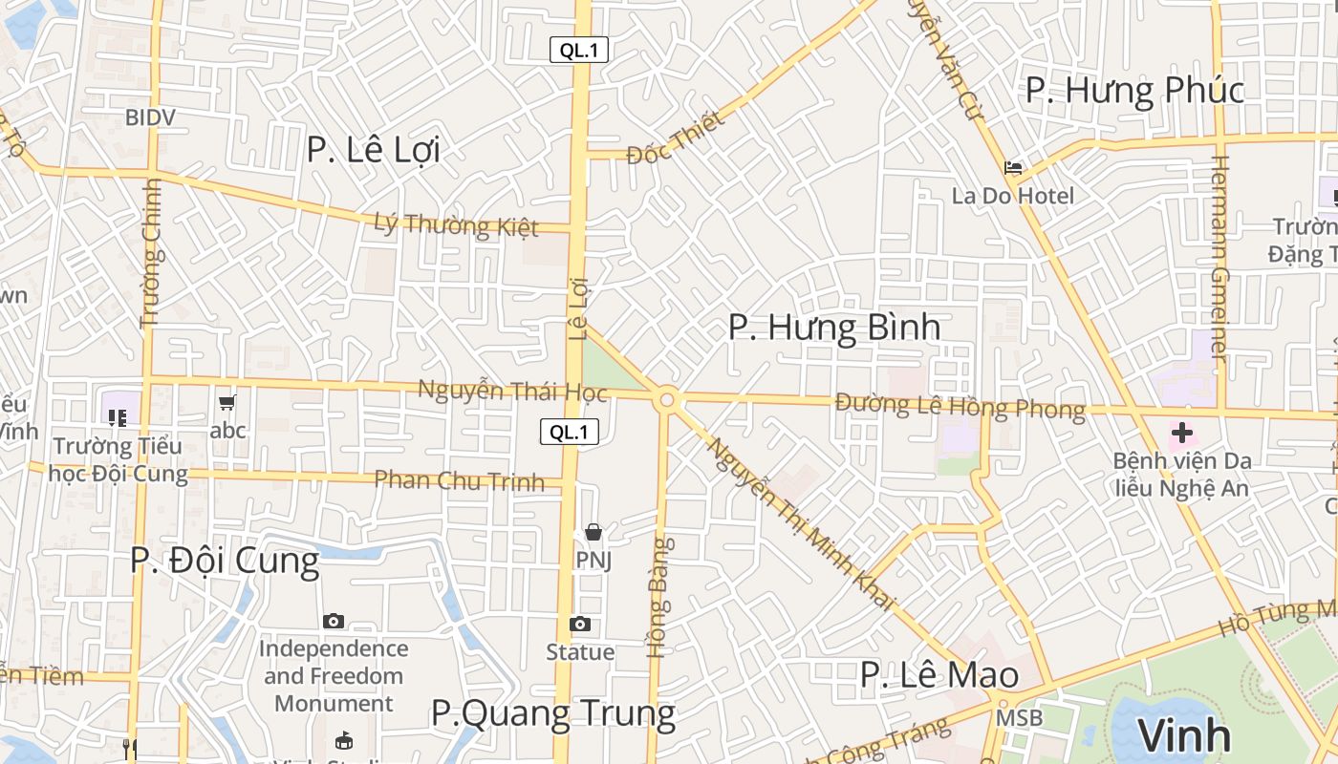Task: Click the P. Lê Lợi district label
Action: [x=373, y=150]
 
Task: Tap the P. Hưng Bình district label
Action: [x=833, y=328]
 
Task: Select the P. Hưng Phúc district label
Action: [x=1134, y=91]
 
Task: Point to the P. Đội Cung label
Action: [x=225, y=561]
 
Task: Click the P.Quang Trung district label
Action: [x=552, y=713]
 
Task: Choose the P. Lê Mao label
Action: [x=939, y=675]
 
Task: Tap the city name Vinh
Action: [x=1184, y=735]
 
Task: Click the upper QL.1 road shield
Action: [x=579, y=51]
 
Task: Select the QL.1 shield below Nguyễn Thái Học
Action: [x=570, y=432]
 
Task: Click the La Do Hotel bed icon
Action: [x=1013, y=168]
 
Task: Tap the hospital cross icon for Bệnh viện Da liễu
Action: [x=1182, y=433]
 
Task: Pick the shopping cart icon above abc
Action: [x=227, y=403]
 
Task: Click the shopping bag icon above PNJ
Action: [x=593, y=532]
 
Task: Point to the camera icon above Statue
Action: [x=579, y=625]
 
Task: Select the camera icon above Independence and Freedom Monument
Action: [x=333, y=622]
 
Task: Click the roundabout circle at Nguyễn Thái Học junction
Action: [x=667, y=400]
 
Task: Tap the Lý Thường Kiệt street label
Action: [x=456, y=225]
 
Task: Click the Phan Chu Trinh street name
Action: [x=459, y=480]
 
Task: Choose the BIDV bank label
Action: [x=151, y=117]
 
